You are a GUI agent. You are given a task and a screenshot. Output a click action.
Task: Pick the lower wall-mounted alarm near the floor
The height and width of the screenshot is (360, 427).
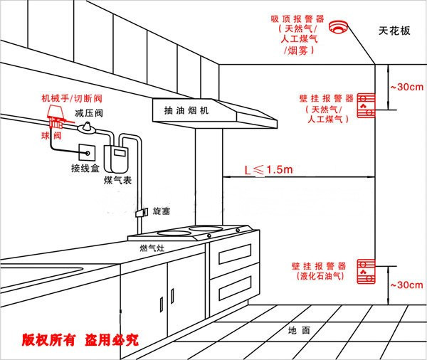[x=365, y=268]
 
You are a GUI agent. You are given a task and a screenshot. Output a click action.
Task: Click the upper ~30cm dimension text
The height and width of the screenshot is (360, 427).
[x=406, y=87]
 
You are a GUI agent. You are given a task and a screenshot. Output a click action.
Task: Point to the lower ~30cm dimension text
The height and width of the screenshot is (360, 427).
[x=406, y=285]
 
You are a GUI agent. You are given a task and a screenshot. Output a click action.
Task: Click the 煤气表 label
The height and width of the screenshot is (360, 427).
[x=117, y=181]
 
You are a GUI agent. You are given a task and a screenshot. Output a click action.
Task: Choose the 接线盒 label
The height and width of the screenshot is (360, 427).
[x=85, y=169]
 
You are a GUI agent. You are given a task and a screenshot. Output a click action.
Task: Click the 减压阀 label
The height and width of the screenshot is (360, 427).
[x=90, y=113]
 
